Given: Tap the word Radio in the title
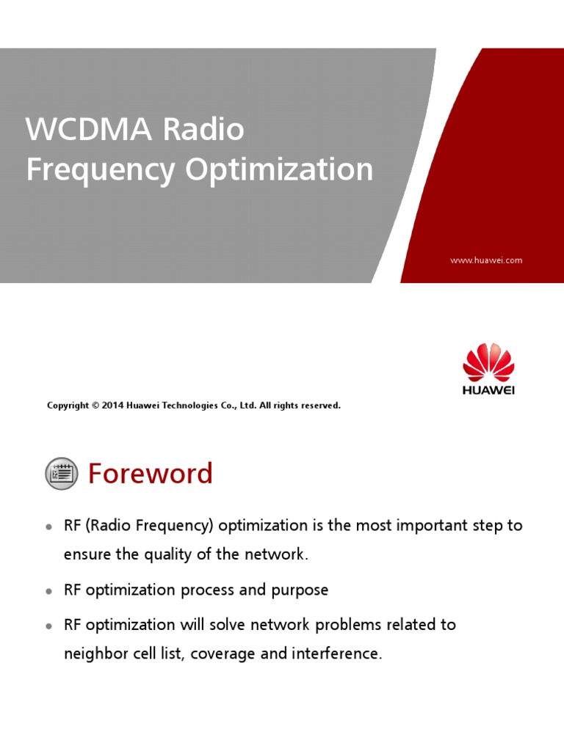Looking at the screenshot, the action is [x=203, y=129].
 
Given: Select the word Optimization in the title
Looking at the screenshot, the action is [x=279, y=170].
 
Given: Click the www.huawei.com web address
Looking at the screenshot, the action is [x=486, y=260].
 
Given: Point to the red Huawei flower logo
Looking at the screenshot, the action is [x=488, y=362].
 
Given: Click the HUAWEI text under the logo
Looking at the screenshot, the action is [x=488, y=390].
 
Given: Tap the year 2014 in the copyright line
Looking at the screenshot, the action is [x=112, y=405].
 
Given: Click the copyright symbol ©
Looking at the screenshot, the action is [x=95, y=405].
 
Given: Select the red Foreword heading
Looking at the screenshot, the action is [x=150, y=473].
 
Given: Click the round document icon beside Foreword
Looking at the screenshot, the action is [x=62, y=473].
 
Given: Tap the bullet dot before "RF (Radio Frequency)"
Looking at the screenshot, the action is [x=48, y=527].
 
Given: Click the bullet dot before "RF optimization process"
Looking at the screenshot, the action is [x=48, y=591].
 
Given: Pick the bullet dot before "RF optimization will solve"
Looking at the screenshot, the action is [x=48, y=626].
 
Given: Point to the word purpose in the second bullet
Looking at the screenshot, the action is [x=300, y=591].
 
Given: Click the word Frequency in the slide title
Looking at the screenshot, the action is [x=101, y=170].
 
